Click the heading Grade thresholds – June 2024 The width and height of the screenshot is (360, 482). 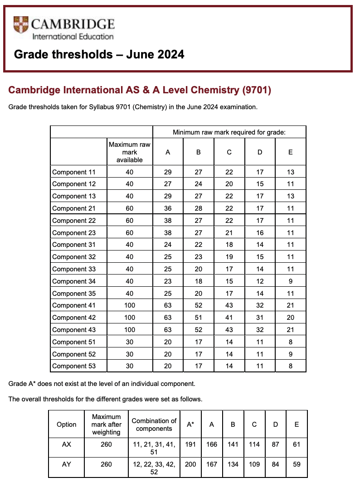point(99,55)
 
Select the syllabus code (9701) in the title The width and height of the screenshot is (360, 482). point(257,90)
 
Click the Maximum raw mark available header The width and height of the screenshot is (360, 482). point(129,152)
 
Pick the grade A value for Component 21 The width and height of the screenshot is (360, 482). point(168,208)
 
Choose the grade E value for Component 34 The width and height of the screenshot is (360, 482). point(291,281)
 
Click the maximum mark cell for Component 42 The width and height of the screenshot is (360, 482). point(129,318)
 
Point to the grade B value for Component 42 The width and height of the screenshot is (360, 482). point(198,318)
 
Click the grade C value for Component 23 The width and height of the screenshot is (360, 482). point(229,233)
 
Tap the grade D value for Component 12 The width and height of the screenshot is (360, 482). point(260,184)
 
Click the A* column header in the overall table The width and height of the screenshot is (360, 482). point(190,424)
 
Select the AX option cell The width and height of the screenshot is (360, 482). point(66,444)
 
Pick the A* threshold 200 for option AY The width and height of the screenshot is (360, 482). point(190,464)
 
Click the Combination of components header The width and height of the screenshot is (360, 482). point(154,424)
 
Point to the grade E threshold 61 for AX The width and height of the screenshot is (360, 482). point(297,444)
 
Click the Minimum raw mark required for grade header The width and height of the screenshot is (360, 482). point(229,132)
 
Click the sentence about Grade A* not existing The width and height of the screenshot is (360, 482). point(102,384)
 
